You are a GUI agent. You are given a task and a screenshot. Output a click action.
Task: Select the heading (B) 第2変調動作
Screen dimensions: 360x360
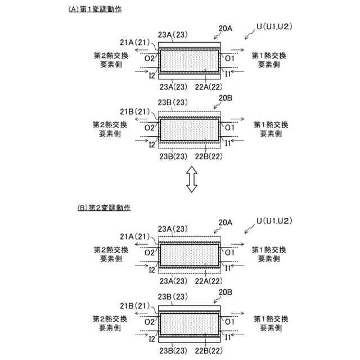click(104, 208)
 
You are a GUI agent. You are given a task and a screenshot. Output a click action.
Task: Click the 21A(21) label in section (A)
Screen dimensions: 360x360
click(134, 42)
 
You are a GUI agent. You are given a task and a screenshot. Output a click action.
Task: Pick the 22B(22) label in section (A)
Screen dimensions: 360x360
click(209, 156)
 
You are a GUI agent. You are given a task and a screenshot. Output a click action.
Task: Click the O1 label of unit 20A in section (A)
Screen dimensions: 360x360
click(229, 58)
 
